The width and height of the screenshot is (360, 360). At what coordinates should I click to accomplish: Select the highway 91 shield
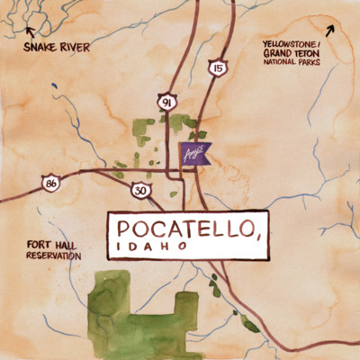[x=166, y=103]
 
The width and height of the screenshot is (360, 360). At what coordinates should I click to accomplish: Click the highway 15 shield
[x=216, y=68]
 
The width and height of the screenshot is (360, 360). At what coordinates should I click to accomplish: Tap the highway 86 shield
[x=53, y=184]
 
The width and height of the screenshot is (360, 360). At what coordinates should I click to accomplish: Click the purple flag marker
[x=193, y=154]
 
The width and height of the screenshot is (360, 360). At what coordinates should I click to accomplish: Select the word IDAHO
[x=151, y=247]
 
